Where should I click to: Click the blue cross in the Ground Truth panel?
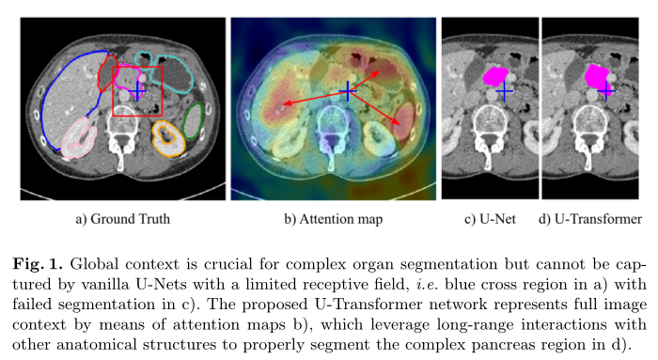138,90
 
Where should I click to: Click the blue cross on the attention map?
348,90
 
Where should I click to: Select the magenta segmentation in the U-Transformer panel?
596,77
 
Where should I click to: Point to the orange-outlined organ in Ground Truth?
168,138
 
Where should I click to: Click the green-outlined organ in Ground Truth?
194,122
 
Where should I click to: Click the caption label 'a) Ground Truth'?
122,220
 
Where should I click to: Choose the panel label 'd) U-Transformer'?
590,220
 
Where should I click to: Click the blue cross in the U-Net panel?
505,90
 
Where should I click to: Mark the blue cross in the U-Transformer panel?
606,90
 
